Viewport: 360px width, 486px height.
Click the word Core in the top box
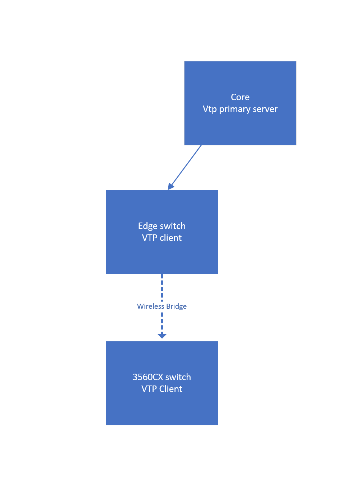(x=240, y=97)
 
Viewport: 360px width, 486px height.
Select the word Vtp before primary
(x=210, y=109)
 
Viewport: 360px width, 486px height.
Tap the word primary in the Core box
(x=236, y=109)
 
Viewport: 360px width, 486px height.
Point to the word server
(x=265, y=109)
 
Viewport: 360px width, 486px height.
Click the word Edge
(x=148, y=226)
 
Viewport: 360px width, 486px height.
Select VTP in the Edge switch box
(x=149, y=238)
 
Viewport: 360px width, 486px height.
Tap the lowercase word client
(x=171, y=238)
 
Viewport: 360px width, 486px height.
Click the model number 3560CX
(x=148, y=377)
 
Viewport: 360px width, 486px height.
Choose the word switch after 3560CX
(x=178, y=377)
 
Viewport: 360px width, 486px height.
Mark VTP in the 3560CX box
(x=149, y=389)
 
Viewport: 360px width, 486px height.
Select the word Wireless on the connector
(x=150, y=306)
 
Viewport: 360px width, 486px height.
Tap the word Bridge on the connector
(x=176, y=306)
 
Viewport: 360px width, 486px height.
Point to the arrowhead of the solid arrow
(x=170, y=186)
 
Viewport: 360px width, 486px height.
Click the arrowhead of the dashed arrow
(x=162, y=336)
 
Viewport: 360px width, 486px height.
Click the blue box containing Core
(x=240, y=129)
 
